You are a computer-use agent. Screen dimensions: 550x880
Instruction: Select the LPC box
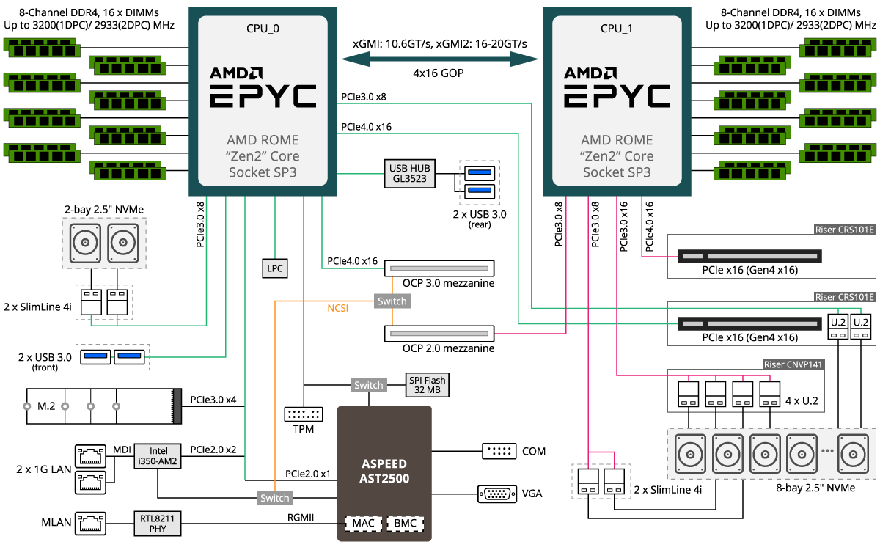(274, 268)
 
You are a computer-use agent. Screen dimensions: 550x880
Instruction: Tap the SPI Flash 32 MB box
(427, 385)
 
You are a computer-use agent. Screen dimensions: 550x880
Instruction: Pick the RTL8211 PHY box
(157, 523)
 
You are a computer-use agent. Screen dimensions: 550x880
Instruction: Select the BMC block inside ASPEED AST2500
(405, 524)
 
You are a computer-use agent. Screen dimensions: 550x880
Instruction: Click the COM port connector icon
(500, 451)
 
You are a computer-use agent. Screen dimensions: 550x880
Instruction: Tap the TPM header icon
(303, 414)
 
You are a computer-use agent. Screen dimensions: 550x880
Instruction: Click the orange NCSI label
(337, 308)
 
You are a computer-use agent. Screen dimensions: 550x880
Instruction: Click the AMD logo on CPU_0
(236, 73)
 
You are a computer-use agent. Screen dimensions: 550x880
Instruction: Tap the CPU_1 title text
(617, 29)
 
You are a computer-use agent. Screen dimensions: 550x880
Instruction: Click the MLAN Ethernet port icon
(91, 523)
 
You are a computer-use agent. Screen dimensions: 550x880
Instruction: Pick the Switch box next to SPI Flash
(368, 385)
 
